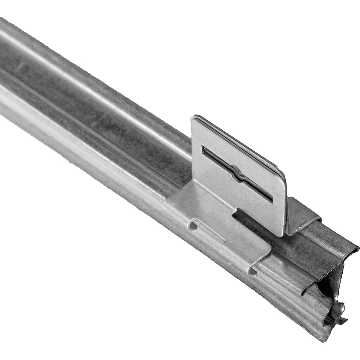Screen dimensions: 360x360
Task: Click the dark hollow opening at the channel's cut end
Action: [329, 288]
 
